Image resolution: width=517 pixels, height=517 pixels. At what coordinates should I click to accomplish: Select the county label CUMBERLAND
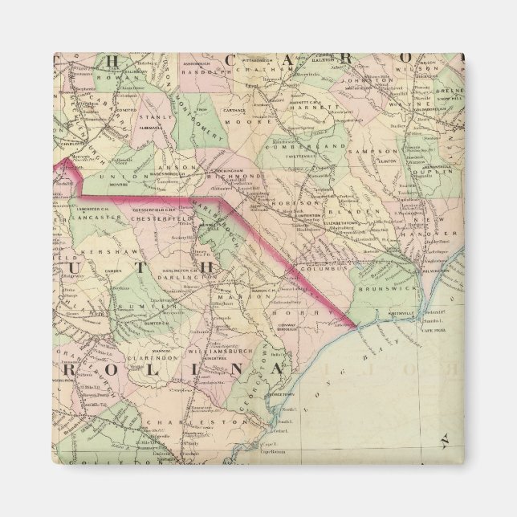318,147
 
